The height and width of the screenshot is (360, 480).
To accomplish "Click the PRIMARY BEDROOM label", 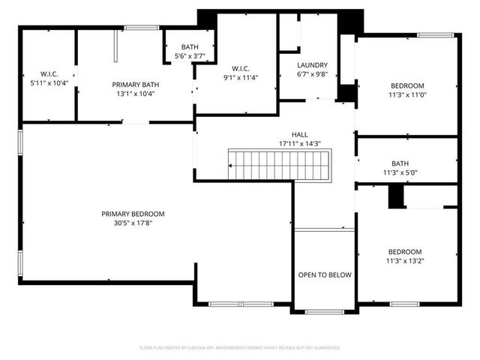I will (x=133, y=214).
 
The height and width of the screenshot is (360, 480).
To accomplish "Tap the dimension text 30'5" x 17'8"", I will (x=133, y=223).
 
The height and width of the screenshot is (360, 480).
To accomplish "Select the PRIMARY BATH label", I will (x=136, y=85).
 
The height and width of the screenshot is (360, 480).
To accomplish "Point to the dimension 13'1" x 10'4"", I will (x=136, y=94).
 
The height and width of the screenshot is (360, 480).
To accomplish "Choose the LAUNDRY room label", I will (x=313, y=64).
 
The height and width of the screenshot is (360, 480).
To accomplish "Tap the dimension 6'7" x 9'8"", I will (x=313, y=74).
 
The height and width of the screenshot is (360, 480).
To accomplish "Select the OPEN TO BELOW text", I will (x=324, y=275).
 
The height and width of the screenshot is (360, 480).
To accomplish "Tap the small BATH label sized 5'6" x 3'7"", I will (x=190, y=46).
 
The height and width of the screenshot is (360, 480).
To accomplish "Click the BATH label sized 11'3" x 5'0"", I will (x=400, y=163).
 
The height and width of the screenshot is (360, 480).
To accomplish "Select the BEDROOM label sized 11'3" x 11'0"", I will (x=406, y=85).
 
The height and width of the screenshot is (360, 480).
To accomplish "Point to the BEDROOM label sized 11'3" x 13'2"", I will (x=405, y=252).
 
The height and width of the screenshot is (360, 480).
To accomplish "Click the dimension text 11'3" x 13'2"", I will (x=405, y=261).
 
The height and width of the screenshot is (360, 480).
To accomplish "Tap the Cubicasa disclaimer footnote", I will (x=240, y=348).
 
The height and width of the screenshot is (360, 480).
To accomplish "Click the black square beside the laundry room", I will (x=346, y=94).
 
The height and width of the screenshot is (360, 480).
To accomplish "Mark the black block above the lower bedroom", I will (x=395, y=196).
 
